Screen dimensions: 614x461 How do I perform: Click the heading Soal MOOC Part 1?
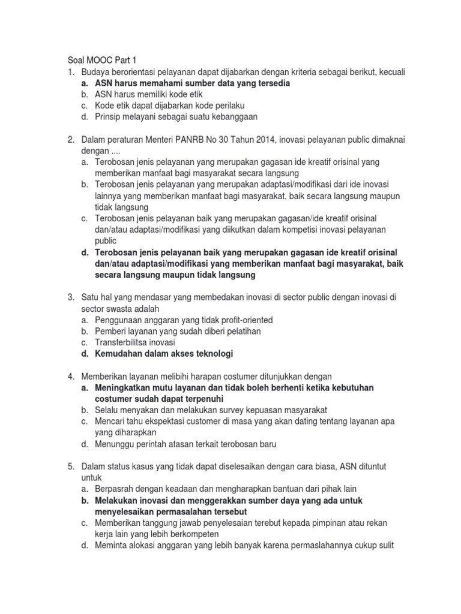pyautogui.click(x=100, y=60)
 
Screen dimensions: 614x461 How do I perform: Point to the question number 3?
pyautogui.click(x=70, y=297)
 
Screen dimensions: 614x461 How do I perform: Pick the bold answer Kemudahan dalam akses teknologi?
pyautogui.click(x=163, y=354)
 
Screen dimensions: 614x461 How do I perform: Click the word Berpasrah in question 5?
pyautogui.click(x=115, y=489)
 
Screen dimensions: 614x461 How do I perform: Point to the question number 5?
pyautogui.click(x=70, y=466)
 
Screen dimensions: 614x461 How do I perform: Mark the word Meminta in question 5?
pyautogui.click(x=111, y=545)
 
